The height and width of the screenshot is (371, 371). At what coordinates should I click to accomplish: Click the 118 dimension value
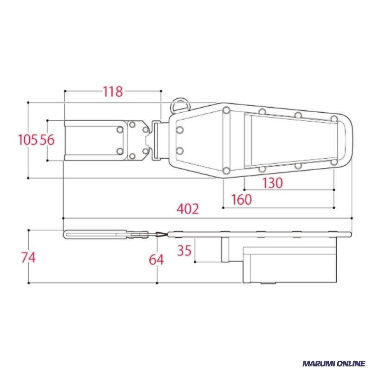click(x=113, y=91)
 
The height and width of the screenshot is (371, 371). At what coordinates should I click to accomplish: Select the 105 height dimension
click(x=28, y=140)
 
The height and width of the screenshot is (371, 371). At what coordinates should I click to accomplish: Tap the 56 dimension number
click(x=47, y=140)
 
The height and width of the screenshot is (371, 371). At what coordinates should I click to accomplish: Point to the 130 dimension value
click(x=273, y=183)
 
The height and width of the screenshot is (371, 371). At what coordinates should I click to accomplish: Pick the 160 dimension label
click(x=242, y=199)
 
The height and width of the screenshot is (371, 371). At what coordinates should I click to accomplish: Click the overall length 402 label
click(x=188, y=209)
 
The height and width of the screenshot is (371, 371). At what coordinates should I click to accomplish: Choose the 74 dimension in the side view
click(x=28, y=257)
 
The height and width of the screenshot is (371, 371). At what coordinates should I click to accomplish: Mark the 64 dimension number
click(x=156, y=260)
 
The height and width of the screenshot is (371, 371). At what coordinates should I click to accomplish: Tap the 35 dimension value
click(x=184, y=250)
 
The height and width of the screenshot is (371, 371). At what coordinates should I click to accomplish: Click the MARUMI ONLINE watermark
click(x=334, y=363)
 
